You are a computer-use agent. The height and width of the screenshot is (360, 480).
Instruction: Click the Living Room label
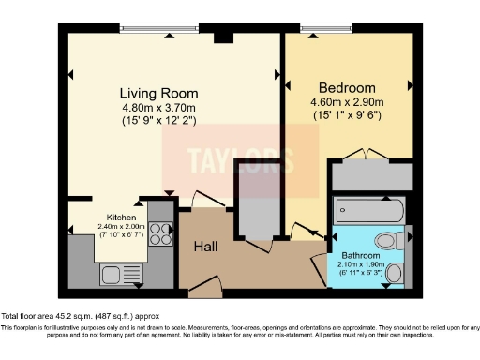pos(158,93)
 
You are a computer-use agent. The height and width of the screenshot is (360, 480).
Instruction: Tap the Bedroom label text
pos(346,82)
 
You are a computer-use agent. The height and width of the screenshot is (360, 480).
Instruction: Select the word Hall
pos(207,247)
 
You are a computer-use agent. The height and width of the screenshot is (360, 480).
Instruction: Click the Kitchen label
pos(121,217)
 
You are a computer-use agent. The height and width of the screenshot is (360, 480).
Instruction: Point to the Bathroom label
pos(360,254)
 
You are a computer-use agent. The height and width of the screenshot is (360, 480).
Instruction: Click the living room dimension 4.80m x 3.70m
pos(158,108)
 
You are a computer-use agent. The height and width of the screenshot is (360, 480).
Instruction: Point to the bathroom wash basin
pos(396,273)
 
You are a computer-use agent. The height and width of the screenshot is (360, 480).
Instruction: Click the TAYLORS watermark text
pos(241,159)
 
